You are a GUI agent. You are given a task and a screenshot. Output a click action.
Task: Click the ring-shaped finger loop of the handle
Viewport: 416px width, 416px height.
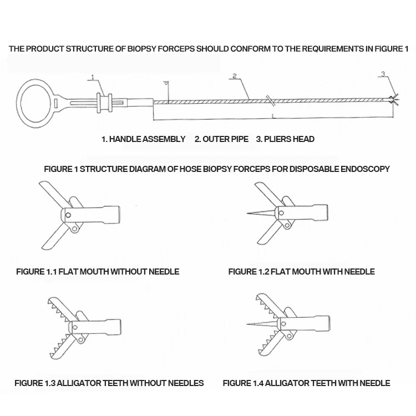coord(35,104)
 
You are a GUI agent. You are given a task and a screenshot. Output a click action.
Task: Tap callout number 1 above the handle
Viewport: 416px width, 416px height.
coord(93,77)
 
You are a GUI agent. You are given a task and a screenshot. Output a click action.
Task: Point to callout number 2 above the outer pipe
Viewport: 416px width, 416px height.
coord(235,75)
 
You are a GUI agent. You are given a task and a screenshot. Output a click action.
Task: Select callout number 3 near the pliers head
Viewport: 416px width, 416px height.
coord(383,74)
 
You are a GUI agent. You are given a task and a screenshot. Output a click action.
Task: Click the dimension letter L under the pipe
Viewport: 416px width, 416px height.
coord(273,115)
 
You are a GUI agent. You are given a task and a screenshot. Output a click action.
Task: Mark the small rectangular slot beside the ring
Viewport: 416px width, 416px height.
coord(57,103)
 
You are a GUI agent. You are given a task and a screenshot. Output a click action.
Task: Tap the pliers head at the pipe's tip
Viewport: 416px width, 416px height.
coord(394,100)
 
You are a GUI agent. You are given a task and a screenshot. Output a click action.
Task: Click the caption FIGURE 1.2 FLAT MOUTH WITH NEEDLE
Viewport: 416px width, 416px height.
coord(301,272)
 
